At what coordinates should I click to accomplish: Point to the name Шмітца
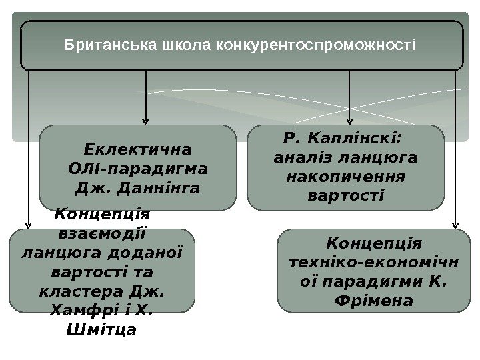[x=103, y=329]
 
